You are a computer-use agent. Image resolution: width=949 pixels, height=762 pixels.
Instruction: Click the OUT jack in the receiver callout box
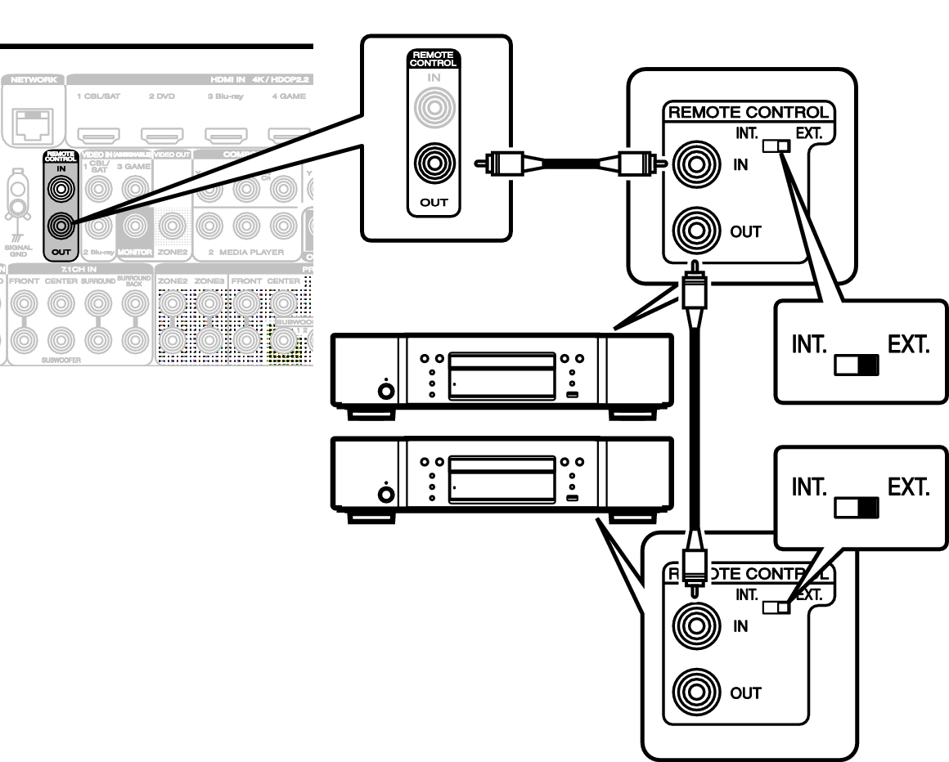[x=434, y=164]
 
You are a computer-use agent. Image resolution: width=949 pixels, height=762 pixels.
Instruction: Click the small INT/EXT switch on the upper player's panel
[x=777, y=146]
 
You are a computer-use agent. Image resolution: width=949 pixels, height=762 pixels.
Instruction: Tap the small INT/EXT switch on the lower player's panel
[x=777, y=607]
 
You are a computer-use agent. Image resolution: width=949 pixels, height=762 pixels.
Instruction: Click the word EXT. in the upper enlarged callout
[x=908, y=345]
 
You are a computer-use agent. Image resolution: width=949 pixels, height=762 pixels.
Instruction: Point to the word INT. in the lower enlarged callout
[x=810, y=488]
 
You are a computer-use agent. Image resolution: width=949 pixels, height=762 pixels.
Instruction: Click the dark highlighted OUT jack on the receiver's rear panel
[x=59, y=223]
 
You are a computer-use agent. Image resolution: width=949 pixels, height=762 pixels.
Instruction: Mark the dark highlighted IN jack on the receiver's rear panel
[x=59, y=189]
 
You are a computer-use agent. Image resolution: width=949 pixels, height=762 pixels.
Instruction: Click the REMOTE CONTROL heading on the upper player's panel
[x=749, y=113]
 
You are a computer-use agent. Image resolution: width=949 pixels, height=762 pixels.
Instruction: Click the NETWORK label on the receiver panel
[x=33, y=80]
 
